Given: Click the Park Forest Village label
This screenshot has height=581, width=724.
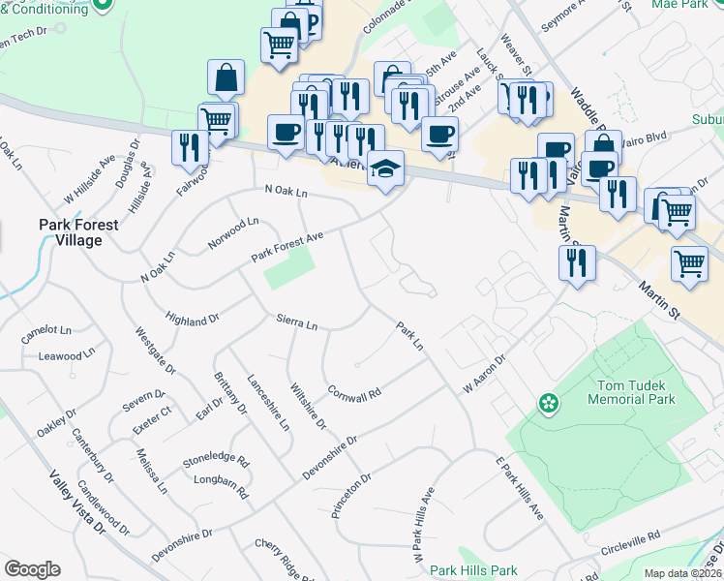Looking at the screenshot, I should tap(78, 231).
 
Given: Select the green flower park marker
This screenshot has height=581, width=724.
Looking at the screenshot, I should tap(549, 402).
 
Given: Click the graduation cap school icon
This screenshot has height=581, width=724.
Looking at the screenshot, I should tap(386, 167).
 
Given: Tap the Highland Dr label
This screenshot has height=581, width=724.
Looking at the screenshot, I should tap(194, 319).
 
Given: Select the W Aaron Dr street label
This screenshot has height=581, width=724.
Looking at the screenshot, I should tap(484, 373).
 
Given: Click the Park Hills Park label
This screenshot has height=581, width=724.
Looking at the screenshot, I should tap(474, 571).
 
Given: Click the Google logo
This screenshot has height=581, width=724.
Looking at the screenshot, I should tap(32, 569).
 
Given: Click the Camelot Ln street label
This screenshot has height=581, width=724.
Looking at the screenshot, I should tap(47, 331).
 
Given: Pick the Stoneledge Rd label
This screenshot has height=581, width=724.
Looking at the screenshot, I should tap(216, 462).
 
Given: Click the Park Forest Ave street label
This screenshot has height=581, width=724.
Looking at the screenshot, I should tap(287, 247).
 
